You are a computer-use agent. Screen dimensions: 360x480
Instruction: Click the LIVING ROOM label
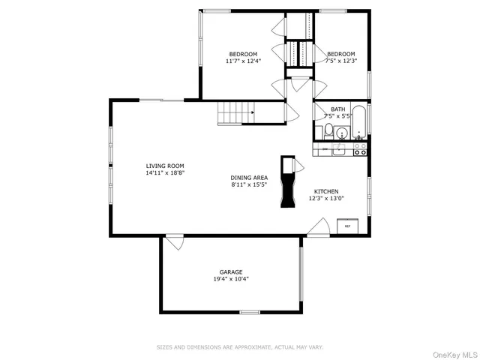(x=165, y=166)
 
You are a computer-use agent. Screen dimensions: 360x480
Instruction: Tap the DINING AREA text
(x=249, y=178)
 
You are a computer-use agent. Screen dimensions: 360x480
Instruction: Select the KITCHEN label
(x=327, y=191)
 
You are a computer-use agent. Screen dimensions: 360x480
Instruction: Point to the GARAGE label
(x=230, y=272)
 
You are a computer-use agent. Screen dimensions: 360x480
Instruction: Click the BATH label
(x=337, y=109)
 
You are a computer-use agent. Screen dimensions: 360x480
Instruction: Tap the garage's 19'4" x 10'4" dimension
(x=230, y=279)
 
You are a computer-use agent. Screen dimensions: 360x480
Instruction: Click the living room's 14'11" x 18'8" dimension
(x=165, y=172)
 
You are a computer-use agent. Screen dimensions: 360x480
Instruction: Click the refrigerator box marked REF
(x=347, y=225)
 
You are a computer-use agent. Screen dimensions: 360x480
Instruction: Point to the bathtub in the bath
(x=360, y=124)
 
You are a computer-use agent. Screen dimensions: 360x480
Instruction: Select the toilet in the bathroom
(x=328, y=131)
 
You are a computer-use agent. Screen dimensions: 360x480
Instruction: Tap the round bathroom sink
(x=342, y=134)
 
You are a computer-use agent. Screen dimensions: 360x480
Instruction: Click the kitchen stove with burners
(x=360, y=150)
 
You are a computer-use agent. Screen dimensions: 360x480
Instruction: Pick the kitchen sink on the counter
(x=339, y=150)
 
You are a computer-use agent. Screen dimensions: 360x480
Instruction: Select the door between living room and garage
(x=175, y=241)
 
